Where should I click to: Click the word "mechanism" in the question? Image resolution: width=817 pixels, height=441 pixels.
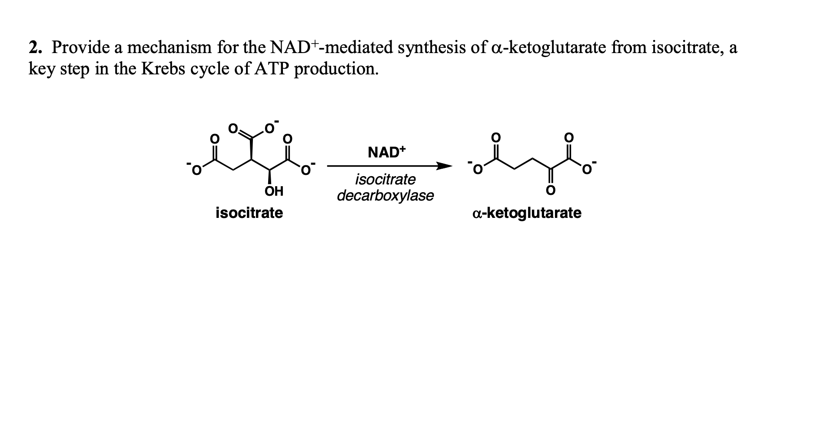[167, 47]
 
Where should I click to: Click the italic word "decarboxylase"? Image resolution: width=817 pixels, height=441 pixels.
[385, 196]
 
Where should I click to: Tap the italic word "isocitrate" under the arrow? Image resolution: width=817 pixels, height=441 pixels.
[385, 179]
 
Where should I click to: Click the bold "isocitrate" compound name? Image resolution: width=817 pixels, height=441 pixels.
[249, 213]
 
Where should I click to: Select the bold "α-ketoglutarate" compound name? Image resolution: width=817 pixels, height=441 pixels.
[527, 213]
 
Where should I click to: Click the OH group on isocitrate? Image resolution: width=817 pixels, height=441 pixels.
[274, 191]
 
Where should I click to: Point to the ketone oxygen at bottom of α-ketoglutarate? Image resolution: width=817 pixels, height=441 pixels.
[550, 190]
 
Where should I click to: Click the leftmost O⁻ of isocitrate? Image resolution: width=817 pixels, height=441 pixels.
[195, 170]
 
